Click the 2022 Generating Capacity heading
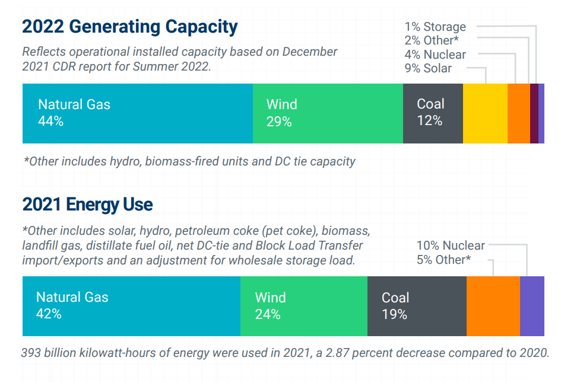(x=129, y=27)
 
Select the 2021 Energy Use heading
(x=87, y=205)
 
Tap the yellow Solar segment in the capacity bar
(x=485, y=113)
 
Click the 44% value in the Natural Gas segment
(x=50, y=122)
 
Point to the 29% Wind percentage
(x=279, y=122)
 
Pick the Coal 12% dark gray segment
(x=433, y=113)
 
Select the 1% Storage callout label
(x=435, y=27)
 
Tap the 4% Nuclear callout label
(x=435, y=55)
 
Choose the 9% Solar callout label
(x=428, y=68)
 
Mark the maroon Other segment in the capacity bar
(x=534, y=113)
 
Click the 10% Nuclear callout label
(x=451, y=245)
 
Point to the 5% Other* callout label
(x=443, y=260)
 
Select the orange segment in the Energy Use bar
(x=493, y=306)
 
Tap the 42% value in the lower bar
(x=49, y=314)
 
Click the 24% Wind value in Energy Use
(x=268, y=314)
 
